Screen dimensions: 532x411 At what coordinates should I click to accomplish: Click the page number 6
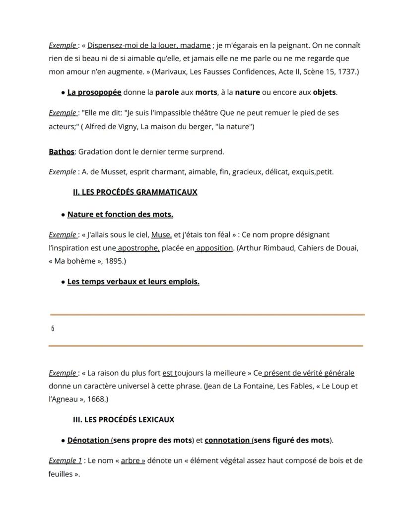(x=53, y=329)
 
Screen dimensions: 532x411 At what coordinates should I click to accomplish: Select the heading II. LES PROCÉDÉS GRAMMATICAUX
(x=135, y=192)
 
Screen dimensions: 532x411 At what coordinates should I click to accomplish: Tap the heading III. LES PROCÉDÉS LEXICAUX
(x=124, y=420)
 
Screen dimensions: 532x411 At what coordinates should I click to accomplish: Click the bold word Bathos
(x=61, y=152)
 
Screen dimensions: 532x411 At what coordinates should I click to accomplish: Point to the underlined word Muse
(x=161, y=234)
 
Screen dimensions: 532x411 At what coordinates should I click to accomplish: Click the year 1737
(x=347, y=72)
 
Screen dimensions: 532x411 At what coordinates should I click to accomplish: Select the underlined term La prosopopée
(x=94, y=92)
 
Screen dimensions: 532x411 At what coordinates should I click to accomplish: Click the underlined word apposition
(x=214, y=248)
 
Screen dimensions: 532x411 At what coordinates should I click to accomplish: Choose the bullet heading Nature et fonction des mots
(x=120, y=215)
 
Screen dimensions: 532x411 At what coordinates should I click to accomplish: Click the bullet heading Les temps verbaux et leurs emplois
(x=133, y=282)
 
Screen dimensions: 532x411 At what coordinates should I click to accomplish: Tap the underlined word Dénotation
(x=88, y=440)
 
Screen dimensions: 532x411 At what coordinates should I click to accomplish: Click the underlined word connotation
(x=227, y=440)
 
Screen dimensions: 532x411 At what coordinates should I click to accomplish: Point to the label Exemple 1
(x=65, y=460)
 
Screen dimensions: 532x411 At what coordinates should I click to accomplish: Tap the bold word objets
(x=324, y=92)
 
